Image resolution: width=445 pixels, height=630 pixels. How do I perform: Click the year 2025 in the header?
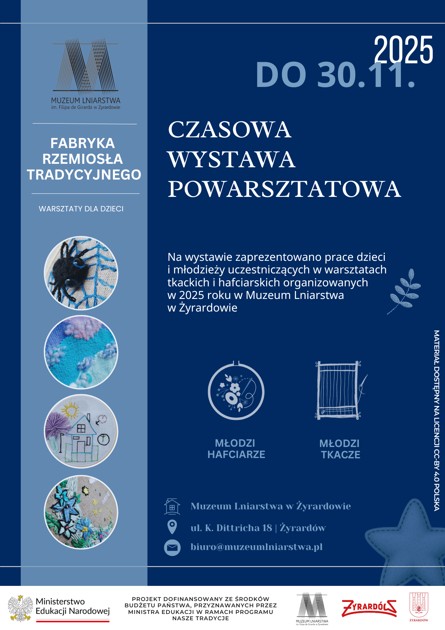[403, 50]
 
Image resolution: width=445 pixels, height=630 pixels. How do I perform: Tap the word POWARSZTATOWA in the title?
[284, 189]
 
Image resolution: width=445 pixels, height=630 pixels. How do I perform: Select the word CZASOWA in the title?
[229, 130]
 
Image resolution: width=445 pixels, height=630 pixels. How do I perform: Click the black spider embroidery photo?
[81, 273]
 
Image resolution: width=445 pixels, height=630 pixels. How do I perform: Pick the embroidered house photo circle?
[81, 431]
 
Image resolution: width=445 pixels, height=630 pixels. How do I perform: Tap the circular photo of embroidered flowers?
[81, 512]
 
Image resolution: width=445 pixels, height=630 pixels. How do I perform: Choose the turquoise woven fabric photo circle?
[81, 352]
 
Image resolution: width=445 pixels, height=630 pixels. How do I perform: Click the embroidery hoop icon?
[236, 391]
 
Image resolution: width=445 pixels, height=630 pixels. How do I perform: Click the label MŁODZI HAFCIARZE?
[236, 449]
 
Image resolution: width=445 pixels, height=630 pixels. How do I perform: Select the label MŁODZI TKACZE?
[340, 449]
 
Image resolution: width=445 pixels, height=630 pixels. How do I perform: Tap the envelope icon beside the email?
[172, 547]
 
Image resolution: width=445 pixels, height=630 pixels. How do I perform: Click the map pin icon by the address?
[172, 527]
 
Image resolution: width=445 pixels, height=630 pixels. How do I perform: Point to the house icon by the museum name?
[172, 507]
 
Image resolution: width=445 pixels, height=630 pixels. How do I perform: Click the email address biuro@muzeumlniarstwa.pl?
[256, 547]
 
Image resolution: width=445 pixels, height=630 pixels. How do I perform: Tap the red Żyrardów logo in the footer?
[369, 608]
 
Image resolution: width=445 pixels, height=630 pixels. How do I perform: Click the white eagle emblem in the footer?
[20, 608]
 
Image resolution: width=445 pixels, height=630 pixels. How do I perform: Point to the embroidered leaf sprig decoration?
[405, 291]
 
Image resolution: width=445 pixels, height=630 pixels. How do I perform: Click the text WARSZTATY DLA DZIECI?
[81, 209]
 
